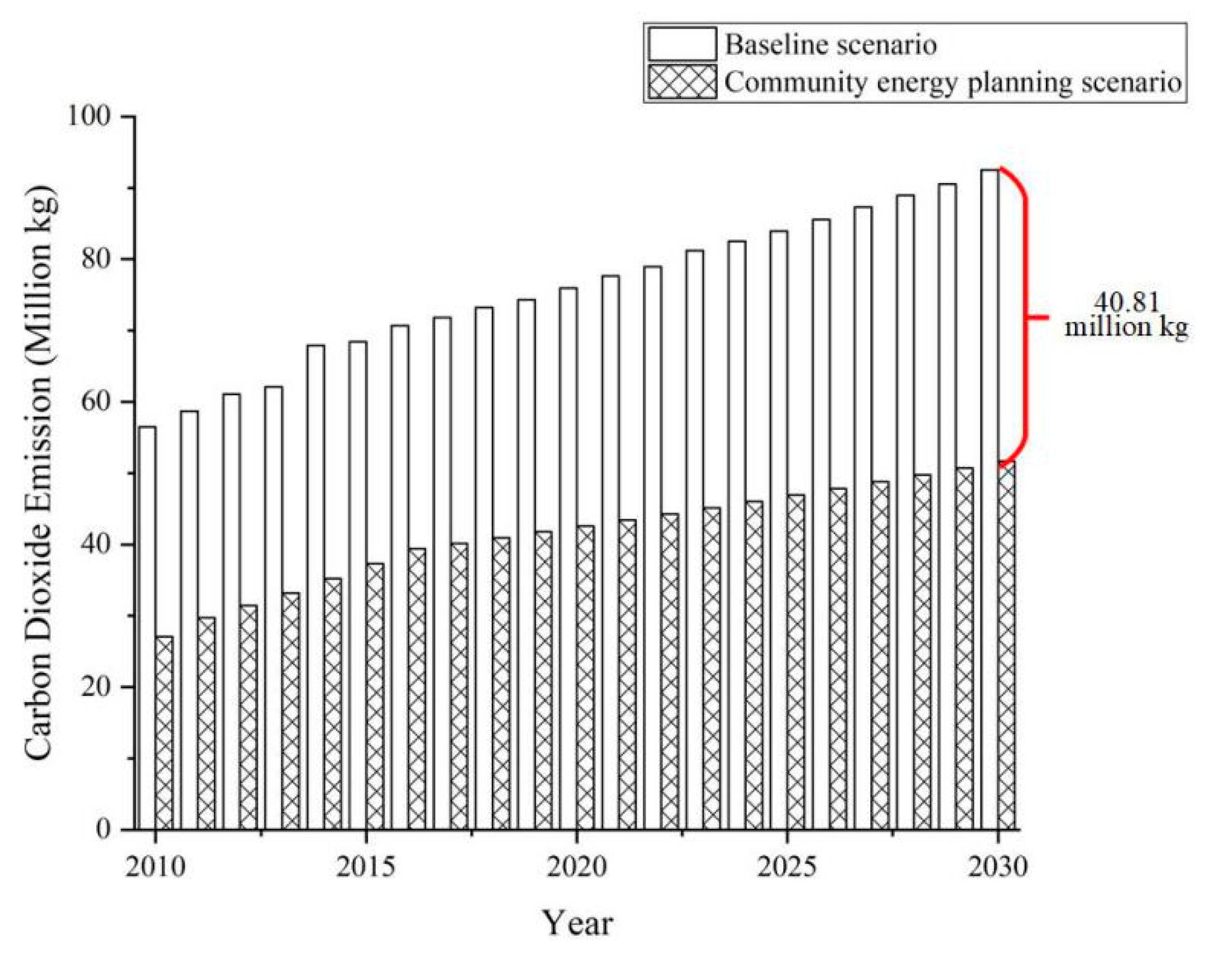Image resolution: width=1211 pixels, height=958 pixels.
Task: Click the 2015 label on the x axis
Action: [365, 867]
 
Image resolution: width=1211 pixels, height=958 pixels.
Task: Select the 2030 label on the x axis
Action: [998, 867]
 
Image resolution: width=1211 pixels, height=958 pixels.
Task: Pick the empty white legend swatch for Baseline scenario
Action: [682, 44]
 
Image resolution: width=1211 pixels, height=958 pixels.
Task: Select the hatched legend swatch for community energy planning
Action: [682, 82]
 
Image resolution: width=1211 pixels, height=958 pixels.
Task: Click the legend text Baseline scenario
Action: [830, 44]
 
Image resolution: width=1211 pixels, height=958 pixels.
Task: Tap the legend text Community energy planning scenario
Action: [952, 82]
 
